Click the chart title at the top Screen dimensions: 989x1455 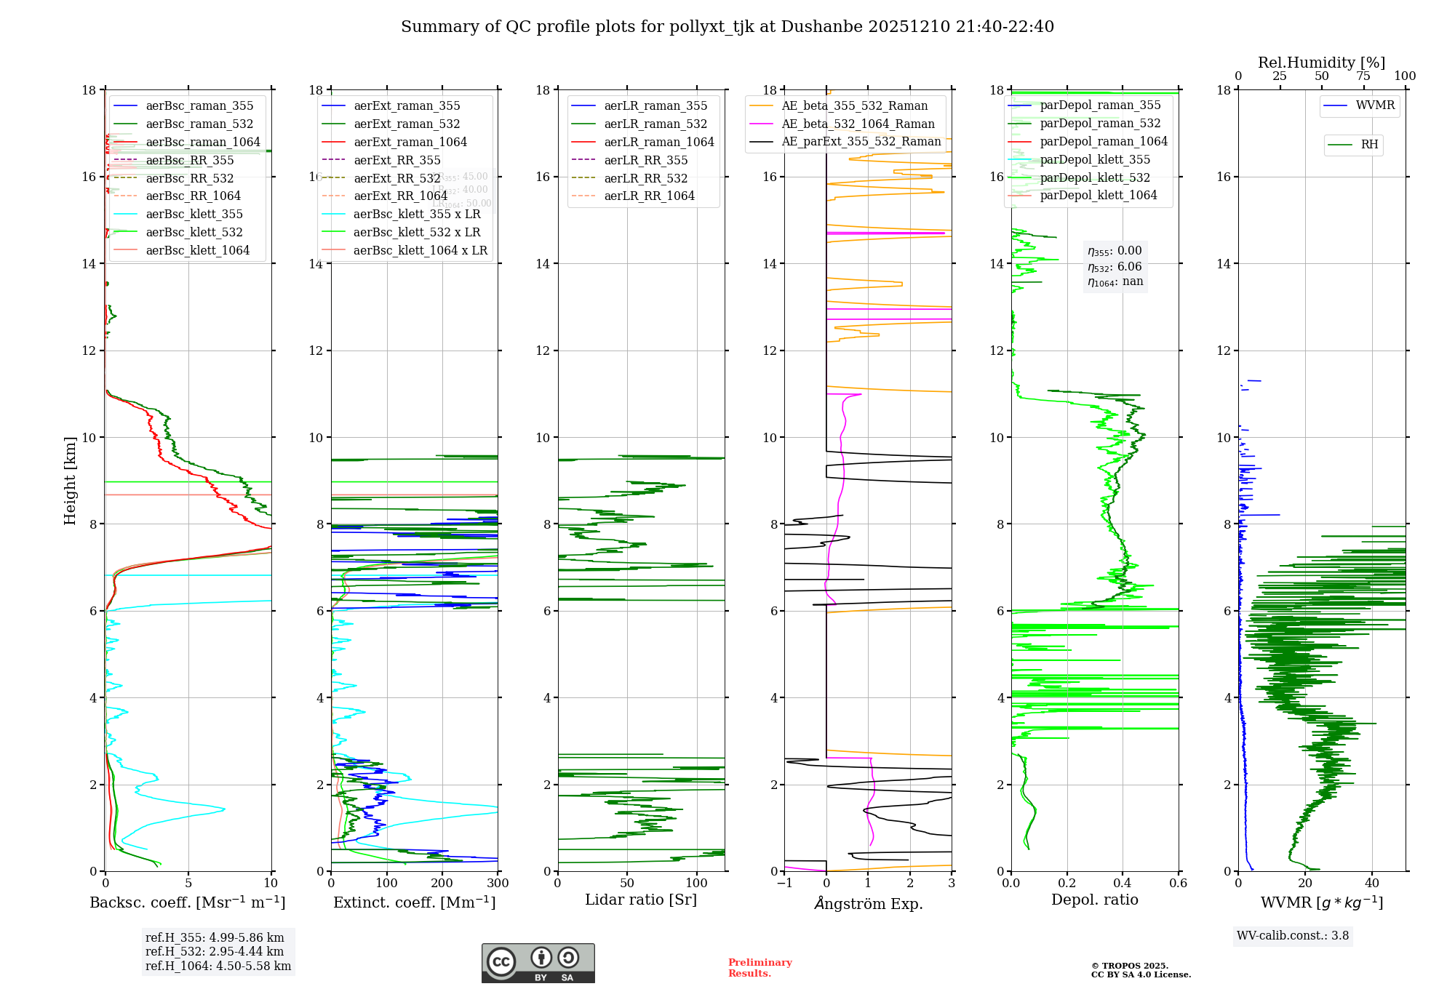[x=727, y=27]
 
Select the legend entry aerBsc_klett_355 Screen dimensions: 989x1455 [x=194, y=215]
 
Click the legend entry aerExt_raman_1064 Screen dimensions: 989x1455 [x=410, y=143]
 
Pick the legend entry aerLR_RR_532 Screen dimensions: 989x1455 [x=645, y=179]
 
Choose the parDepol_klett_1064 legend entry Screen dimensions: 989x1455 [x=1098, y=196]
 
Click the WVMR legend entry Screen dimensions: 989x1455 [x=1374, y=106]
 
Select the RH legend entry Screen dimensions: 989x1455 [x=1368, y=145]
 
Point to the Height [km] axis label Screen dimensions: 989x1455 [x=70, y=481]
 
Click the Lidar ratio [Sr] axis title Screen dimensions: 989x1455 [x=641, y=900]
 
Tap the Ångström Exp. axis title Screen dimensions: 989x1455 [x=868, y=904]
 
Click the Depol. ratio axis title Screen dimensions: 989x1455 [x=1094, y=900]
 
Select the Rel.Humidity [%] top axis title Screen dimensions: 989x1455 [x=1321, y=63]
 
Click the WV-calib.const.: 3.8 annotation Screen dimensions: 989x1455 [x=1292, y=936]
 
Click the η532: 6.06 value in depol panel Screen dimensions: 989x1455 [x=1115, y=267]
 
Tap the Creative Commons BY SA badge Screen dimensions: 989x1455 [x=538, y=964]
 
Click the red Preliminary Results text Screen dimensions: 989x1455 [x=760, y=968]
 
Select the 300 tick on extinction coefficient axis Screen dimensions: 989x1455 [x=498, y=884]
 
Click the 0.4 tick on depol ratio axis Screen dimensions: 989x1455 [x=1123, y=884]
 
